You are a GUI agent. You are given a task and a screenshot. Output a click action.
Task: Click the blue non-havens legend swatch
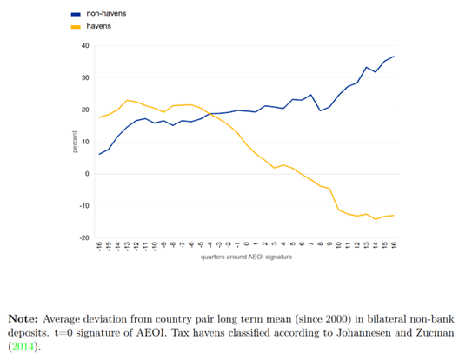point(76,14)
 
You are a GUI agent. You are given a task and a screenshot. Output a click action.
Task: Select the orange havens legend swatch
point(76,27)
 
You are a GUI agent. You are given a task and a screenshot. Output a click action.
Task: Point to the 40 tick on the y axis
point(85,46)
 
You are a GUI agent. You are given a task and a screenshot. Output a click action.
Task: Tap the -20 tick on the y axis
point(84,238)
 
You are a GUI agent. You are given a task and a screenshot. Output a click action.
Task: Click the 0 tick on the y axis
point(87,174)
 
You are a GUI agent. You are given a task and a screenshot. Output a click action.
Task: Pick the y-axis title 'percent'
point(75,142)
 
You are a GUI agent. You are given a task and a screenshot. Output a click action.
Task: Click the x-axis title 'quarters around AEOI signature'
point(246,257)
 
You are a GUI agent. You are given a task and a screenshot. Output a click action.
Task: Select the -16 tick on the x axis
point(99,246)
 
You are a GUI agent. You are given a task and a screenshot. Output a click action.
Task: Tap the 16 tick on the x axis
point(394,245)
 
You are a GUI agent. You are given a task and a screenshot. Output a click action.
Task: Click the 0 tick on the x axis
point(247,243)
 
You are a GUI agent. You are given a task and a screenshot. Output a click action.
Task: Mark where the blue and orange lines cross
point(209,113)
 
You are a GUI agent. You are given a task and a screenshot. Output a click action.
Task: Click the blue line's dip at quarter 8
point(320,110)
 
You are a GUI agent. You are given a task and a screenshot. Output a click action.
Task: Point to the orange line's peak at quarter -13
point(127,101)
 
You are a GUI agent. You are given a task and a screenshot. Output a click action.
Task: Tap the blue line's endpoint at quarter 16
point(394,57)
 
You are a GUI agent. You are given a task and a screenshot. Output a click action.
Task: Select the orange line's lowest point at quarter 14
point(376,219)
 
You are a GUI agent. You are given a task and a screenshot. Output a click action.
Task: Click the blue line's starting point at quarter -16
point(99,154)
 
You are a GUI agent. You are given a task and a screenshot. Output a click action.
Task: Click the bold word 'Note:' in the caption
point(23,319)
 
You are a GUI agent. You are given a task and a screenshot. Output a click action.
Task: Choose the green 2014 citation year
point(23,347)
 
